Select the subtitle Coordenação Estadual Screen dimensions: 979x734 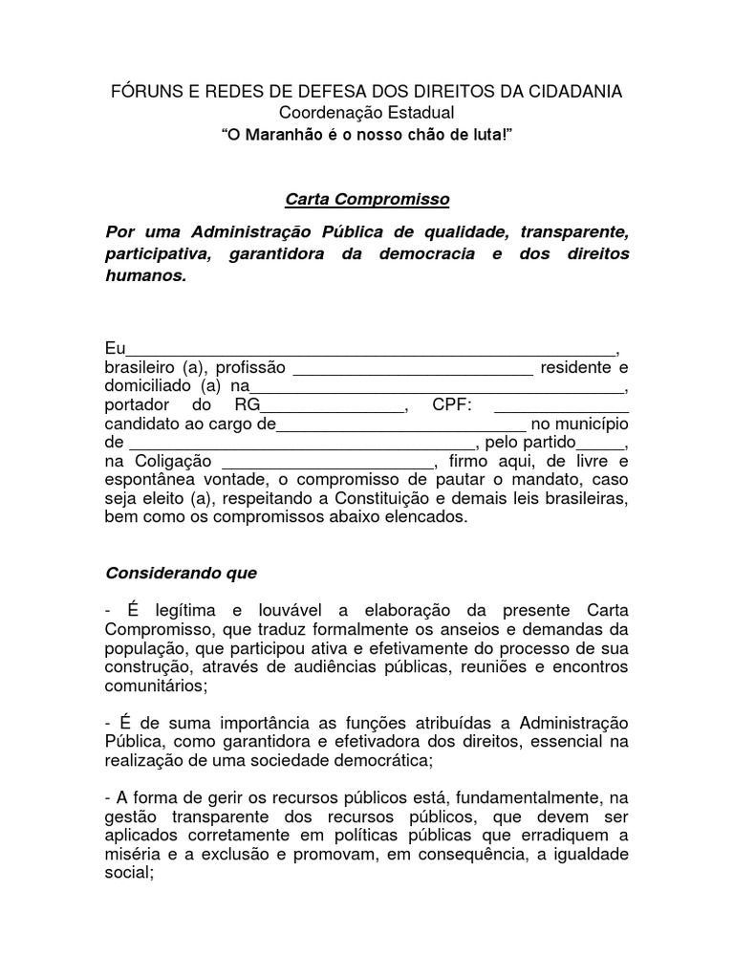pos(366,114)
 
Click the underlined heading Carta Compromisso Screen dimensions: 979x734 pos(367,200)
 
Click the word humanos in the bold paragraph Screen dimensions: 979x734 pos(144,275)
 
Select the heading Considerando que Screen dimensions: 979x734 pos(181,573)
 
